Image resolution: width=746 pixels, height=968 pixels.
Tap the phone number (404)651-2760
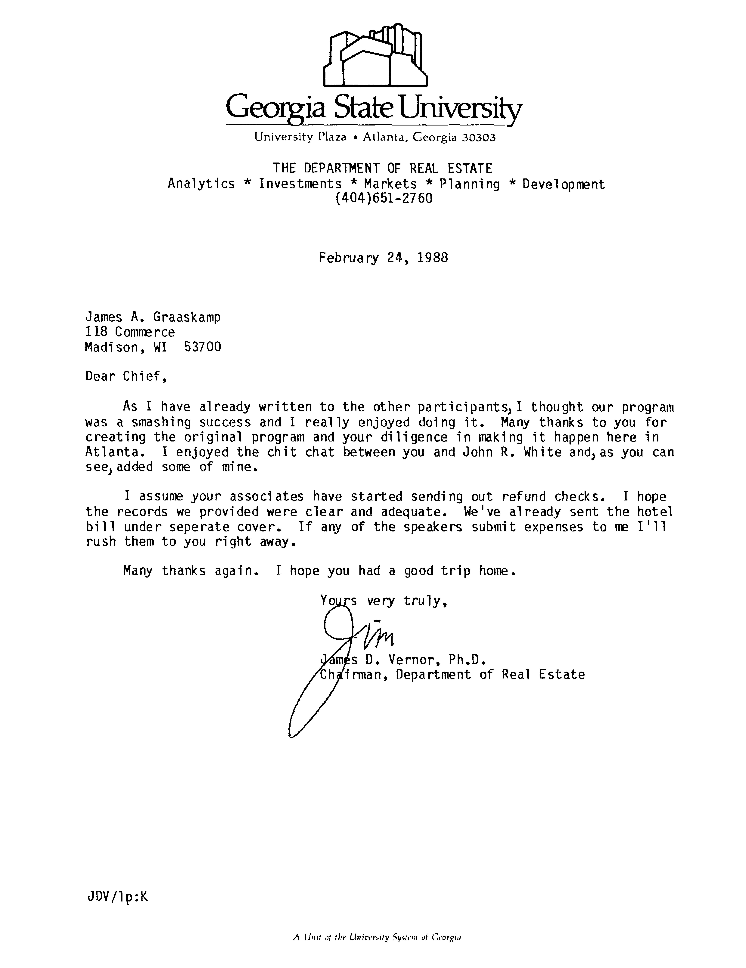coord(383,198)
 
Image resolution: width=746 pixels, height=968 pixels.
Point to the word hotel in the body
coord(655,512)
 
